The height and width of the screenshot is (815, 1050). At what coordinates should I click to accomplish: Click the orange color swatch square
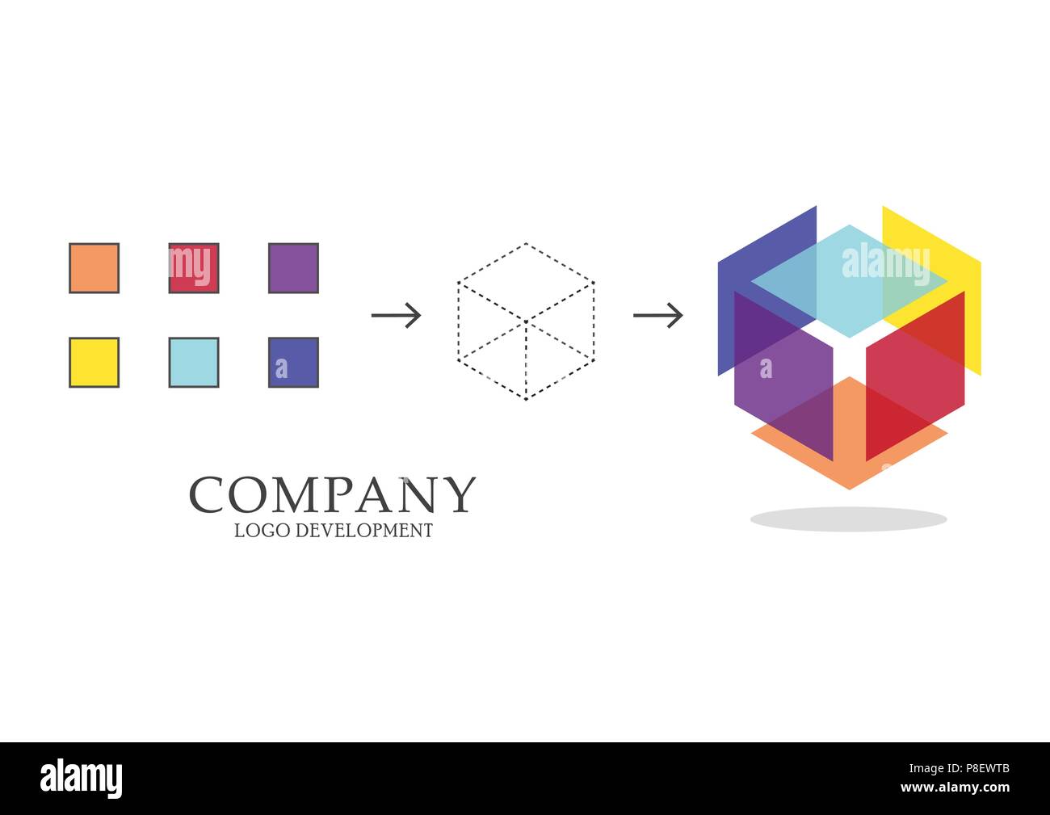point(94,268)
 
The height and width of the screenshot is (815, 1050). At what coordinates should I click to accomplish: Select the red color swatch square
point(194,268)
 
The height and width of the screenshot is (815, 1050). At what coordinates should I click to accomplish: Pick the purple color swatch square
point(293,268)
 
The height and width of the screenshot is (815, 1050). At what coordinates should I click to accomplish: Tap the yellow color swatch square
point(94,363)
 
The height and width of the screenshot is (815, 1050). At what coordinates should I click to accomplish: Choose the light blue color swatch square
point(194,363)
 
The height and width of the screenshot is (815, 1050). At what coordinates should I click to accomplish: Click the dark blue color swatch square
point(293,363)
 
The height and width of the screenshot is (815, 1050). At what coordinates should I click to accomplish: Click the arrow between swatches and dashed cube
point(396,315)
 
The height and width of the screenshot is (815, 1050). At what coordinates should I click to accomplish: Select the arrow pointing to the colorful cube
point(657,315)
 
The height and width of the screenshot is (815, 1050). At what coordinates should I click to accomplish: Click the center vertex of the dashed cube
point(526,322)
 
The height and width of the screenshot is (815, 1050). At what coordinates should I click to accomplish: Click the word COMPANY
point(332,494)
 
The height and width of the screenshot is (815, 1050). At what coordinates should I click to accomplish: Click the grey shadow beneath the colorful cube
point(848,519)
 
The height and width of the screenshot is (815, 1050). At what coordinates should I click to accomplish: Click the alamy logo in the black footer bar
point(82,779)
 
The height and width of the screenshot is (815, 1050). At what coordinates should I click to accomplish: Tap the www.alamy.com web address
point(954,788)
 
